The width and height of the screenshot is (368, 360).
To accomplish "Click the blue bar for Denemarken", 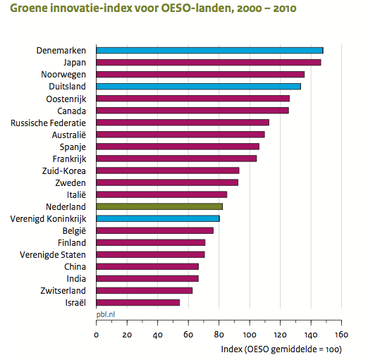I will pyautogui.click(x=209, y=51).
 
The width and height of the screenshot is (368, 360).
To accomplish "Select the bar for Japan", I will pyautogui.click(x=208, y=63).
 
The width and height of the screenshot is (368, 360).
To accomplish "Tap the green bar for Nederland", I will pyautogui.click(x=159, y=206).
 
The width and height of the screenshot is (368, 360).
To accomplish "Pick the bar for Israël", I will pyautogui.click(x=137, y=302).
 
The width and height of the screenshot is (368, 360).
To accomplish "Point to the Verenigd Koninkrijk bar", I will pyautogui.click(x=158, y=218).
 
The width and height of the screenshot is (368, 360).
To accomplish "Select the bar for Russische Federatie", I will pyautogui.click(x=183, y=123).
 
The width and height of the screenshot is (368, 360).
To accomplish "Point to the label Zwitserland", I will pyautogui.click(x=63, y=290).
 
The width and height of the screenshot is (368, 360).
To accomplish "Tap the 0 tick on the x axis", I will pyautogui.click(x=97, y=335).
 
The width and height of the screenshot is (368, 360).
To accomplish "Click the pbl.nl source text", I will pyautogui.click(x=106, y=316).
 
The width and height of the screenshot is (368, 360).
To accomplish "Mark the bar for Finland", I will pyautogui.click(x=151, y=242).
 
